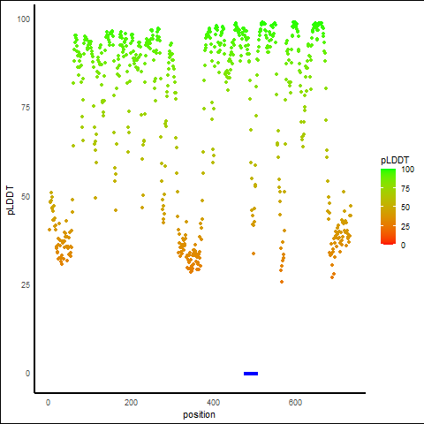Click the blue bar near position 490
point(251,374)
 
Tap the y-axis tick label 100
point(24,19)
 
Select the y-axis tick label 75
point(26,108)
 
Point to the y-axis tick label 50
point(26,196)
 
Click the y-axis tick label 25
point(26,285)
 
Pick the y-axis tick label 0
point(27,374)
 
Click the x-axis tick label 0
point(48,402)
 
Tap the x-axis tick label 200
point(131,402)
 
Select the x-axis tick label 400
point(213,402)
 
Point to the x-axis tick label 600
point(295,402)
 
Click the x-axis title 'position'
point(199,415)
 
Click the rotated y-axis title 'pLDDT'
point(11,201)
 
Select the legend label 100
point(407,170)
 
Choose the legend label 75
point(405,188)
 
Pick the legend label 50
point(405,208)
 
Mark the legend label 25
point(405,226)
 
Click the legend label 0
point(403,245)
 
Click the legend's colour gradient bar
point(388,207)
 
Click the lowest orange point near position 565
point(282,282)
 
